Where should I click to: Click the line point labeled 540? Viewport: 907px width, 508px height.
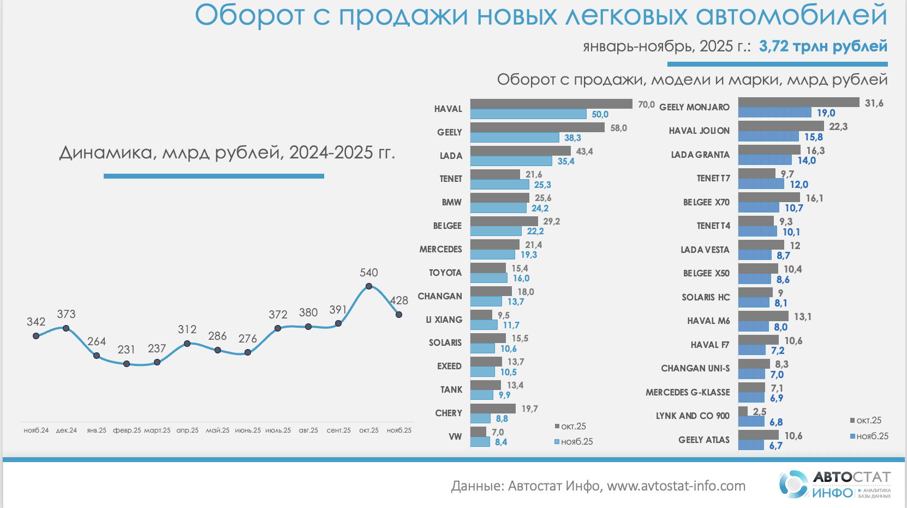point(369,286)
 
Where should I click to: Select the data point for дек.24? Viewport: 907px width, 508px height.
point(66,328)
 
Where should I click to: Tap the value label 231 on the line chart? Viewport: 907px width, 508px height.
point(126,350)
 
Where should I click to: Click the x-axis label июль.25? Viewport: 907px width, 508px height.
point(278,430)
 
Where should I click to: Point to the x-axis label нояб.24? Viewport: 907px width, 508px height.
point(36,430)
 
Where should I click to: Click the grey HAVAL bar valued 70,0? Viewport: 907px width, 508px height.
point(551,104)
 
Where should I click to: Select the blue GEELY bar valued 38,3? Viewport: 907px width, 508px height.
point(515,138)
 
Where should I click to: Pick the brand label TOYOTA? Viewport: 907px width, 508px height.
point(445,273)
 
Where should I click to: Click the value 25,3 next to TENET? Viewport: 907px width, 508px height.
point(542,185)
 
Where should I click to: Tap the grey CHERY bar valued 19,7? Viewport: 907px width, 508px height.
point(493,409)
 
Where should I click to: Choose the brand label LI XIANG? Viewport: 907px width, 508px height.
point(444,320)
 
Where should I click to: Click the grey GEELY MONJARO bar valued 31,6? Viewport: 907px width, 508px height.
point(798,103)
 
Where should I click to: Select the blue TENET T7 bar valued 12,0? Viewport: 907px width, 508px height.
point(761,184)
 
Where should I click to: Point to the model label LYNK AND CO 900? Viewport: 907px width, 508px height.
point(693,416)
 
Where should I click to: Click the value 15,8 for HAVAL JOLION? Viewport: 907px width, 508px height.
point(813,137)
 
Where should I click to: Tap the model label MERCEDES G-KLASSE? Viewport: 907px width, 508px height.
point(688,392)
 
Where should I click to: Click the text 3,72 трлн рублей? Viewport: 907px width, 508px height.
point(823,46)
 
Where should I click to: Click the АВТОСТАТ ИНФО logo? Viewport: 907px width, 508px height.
point(834,484)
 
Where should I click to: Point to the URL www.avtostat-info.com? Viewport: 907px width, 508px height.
point(676,486)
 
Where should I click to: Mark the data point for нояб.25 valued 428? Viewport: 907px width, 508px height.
point(399,315)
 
